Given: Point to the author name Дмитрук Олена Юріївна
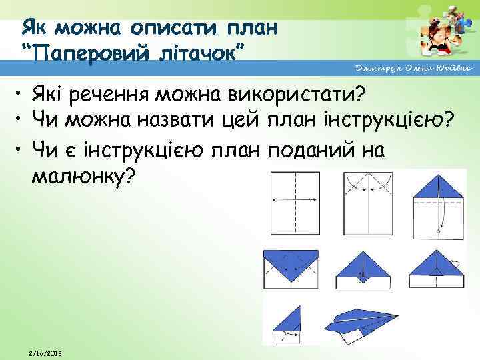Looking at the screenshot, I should point(413,69).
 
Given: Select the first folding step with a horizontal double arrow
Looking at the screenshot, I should point(294,200).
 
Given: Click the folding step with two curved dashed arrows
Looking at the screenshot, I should point(368,200).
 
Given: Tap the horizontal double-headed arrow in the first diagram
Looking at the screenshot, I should point(294,199).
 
